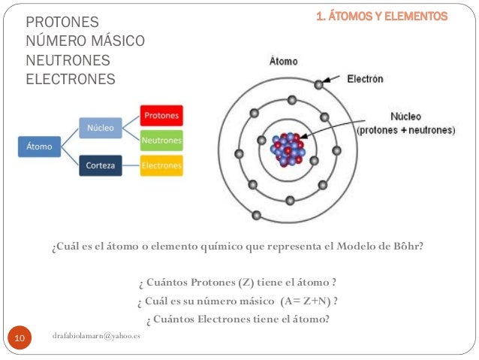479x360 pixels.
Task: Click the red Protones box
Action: click(x=161, y=116)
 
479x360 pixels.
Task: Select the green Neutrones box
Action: click(x=161, y=140)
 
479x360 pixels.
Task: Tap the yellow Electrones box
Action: click(x=161, y=165)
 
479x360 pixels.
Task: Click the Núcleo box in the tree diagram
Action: click(x=101, y=128)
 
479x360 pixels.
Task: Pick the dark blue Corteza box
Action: click(x=101, y=165)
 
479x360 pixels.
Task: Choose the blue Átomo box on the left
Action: click(x=40, y=147)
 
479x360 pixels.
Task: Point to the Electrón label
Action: click(x=366, y=78)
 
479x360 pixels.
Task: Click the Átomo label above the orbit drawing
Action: click(x=284, y=62)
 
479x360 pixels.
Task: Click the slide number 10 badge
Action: click(x=20, y=340)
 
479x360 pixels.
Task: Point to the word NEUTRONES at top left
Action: click(x=68, y=59)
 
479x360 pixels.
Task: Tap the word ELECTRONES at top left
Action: click(x=71, y=78)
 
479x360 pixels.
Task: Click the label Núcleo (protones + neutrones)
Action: click(x=405, y=123)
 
